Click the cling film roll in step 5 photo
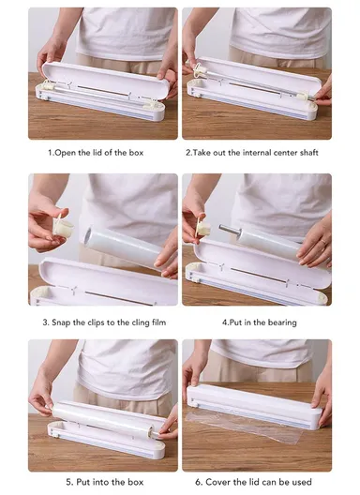coord(103,413)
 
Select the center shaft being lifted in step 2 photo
coord(253,82)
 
